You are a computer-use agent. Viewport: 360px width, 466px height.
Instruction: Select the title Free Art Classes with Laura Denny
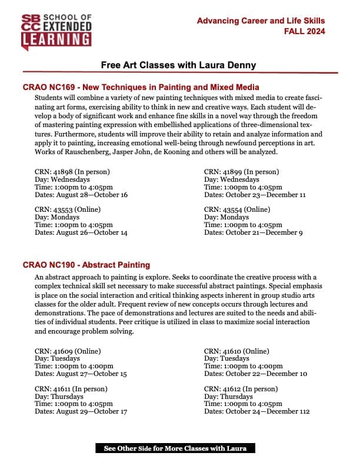[179, 65]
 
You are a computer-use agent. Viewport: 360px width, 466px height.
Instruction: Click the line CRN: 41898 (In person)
[72, 172]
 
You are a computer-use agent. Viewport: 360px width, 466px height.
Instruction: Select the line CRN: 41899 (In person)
[241, 172]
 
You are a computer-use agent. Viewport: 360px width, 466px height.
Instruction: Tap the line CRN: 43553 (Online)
[68, 209]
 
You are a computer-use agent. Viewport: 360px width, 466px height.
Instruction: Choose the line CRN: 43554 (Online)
[237, 209]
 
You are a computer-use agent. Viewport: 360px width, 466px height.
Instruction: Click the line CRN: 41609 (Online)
[68, 351]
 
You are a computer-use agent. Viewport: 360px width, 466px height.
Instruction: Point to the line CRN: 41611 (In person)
[72, 389]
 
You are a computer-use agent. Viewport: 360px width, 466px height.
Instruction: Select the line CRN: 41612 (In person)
[241, 389]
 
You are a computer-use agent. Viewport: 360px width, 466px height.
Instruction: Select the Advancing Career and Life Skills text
[261, 21]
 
